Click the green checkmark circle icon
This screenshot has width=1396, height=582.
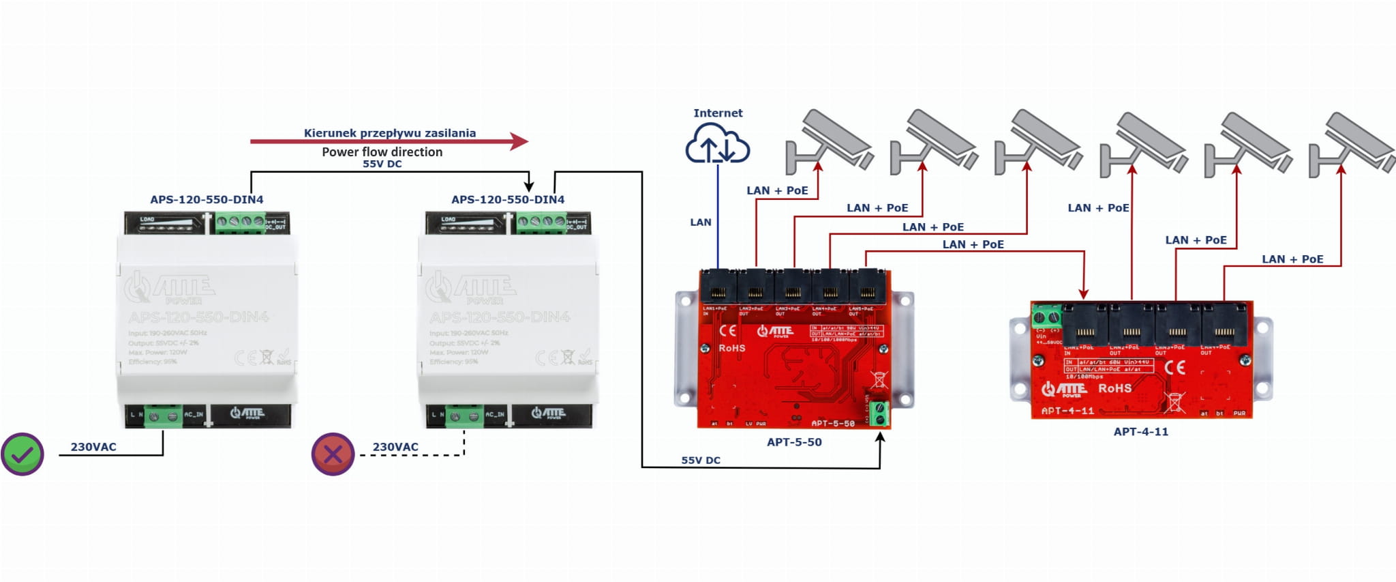pyautogui.click(x=22, y=454)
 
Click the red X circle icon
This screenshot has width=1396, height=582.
pyautogui.click(x=333, y=454)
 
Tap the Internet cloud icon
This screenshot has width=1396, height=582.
pyautogui.click(x=717, y=144)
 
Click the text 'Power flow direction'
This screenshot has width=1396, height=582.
pyautogui.click(x=382, y=152)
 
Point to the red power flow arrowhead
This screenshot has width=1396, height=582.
pyautogui.click(x=519, y=141)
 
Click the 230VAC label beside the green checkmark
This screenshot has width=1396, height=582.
pyautogui.click(x=93, y=447)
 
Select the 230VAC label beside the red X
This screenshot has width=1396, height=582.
pyautogui.click(x=395, y=447)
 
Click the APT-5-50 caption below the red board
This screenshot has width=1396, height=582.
pyautogui.click(x=794, y=442)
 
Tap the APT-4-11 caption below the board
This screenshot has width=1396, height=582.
pyautogui.click(x=1140, y=432)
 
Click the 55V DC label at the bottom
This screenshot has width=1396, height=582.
pyautogui.click(x=701, y=461)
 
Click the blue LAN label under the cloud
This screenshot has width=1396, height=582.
pyautogui.click(x=700, y=222)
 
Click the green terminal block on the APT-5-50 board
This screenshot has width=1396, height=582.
pyautogui.click(x=879, y=413)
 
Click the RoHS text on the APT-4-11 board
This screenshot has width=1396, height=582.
pyautogui.click(x=1114, y=388)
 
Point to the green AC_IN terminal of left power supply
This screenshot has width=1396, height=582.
pyautogui.click(x=163, y=416)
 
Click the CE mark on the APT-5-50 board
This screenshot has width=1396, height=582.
pyautogui.click(x=728, y=331)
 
